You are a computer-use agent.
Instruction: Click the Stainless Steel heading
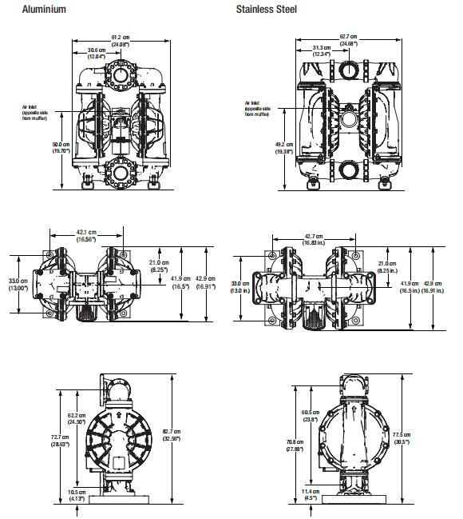(266, 10)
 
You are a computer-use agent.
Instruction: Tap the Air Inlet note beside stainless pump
(258, 108)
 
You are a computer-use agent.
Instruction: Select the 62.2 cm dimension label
(77, 418)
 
